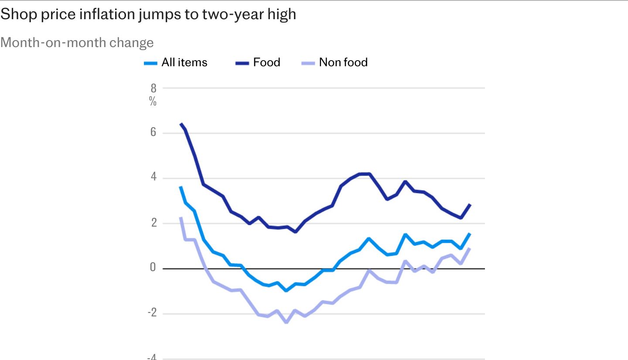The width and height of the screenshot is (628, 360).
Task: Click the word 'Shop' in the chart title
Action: coord(19,14)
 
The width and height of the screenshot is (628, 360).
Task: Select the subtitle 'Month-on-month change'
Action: coord(77,43)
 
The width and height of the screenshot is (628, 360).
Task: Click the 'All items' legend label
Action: coord(184,62)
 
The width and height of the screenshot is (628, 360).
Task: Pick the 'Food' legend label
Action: coord(266,62)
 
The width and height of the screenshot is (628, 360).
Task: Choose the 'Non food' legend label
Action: coord(344,62)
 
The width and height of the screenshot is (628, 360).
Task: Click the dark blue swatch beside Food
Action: coord(242,63)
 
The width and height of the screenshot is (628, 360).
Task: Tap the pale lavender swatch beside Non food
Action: coord(308,63)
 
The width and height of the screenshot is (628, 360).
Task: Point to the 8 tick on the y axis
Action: coord(154,88)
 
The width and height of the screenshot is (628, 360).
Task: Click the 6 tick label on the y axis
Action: coord(153,132)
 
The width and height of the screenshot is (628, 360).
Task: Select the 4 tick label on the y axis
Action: coord(154,177)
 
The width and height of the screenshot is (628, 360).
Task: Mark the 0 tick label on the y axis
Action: coord(153,267)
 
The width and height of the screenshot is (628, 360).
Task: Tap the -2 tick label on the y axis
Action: coord(152,312)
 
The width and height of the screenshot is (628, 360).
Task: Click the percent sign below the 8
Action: coord(153,101)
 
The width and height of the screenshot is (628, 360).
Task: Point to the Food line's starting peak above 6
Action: coord(181,124)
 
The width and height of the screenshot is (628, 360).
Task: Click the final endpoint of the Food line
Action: coord(470,204)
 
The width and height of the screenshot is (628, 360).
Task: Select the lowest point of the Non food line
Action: coord(286,322)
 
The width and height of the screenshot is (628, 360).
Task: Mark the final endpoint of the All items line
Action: coord(470,234)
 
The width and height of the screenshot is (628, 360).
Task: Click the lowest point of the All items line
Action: coord(286,291)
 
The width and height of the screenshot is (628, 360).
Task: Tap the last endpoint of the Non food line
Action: coord(470,249)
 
